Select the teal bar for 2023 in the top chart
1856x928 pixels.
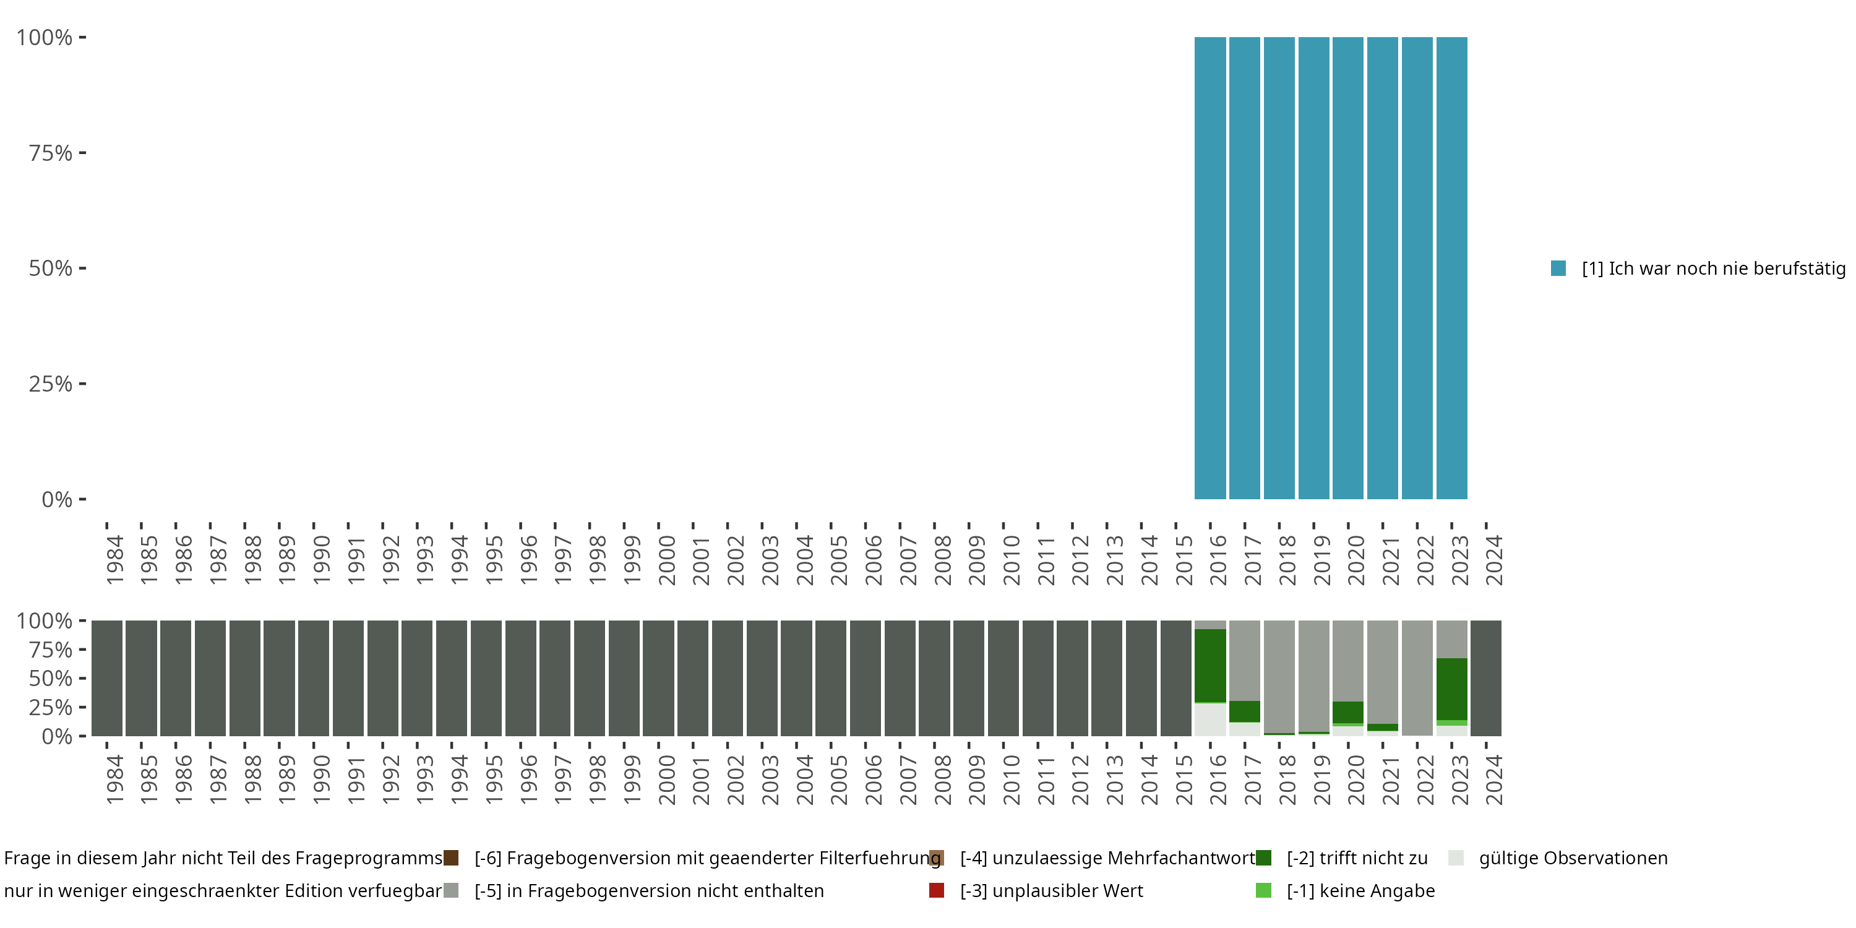point(1452,268)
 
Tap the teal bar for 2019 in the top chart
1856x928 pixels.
point(1313,268)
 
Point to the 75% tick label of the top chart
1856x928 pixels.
point(51,153)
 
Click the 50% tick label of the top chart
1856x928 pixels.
point(51,268)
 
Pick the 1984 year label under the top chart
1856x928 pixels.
point(114,560)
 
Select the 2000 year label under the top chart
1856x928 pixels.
point(666,560)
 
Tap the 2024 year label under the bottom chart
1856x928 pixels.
point(1493,780)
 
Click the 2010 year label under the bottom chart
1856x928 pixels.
point(1011,780)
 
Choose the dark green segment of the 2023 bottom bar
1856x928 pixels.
point(1452,689)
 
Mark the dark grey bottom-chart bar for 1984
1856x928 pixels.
point(106,678)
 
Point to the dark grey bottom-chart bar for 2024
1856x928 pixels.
point(1485,678)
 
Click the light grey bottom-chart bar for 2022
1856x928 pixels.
point(1417,678)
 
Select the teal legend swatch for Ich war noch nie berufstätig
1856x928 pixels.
point(1558,268)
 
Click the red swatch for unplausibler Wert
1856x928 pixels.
point(936,890)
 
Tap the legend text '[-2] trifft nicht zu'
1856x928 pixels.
point(1357,858)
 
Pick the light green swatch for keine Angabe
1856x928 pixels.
point(1263,890)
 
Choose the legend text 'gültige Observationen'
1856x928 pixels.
point(1573,858)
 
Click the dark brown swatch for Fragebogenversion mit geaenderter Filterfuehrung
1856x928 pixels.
point(451,858)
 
